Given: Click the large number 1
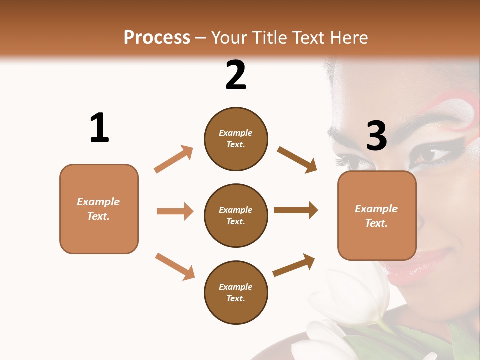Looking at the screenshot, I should click(x=99, y=128).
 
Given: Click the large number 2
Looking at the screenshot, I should click(x=236, y=75).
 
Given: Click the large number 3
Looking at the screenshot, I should click(x=376, y=136).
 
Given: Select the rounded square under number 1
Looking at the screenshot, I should click(x=99, y=209).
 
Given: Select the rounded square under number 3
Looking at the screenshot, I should click(x=377, y=216).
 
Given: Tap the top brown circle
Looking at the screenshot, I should click(x=236, y=139).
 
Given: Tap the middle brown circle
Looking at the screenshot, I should click(x=236, y=216).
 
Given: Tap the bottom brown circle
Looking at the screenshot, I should click(x=236, y=293).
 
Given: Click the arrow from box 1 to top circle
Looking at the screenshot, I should click(x=174, y=159).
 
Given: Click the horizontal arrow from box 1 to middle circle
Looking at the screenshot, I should click(x=175, y=211).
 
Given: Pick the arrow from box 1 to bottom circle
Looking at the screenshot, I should click(x=175, y=266).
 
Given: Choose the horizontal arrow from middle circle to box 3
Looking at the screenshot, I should click(x=296, y=210).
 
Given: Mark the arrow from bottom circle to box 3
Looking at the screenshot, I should click(x=294, y=265).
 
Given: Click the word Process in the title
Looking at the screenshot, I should click(x=157, y=37).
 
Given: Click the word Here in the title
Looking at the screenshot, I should click(x=348, y=37).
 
